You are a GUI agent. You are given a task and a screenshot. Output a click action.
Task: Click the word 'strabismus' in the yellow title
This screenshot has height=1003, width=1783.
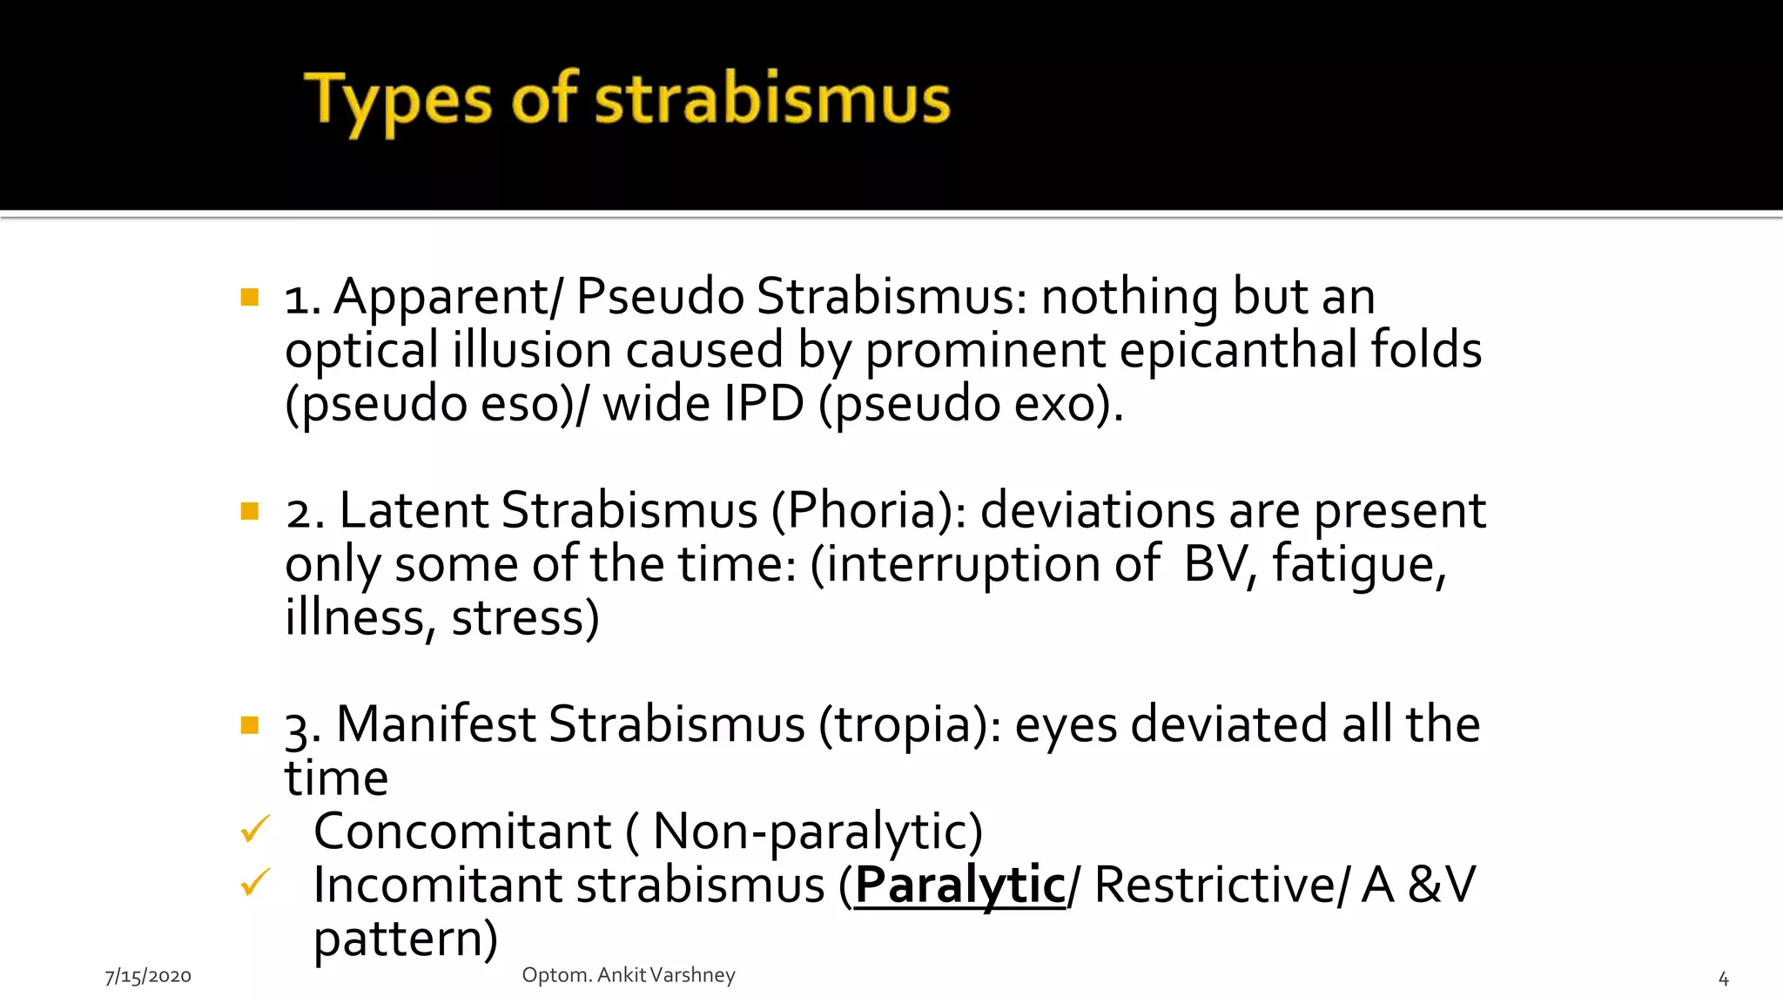point(772,100)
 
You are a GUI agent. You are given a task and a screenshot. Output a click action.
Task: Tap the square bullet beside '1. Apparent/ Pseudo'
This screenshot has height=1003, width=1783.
point(250,298)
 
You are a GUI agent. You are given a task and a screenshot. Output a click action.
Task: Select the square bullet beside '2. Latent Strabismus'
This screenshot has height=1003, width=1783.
point(250,511)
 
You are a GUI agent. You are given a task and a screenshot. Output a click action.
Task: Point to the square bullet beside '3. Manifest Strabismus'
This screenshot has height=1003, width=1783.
point(250,724)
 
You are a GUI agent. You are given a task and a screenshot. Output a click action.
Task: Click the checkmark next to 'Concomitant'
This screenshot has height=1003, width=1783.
point(255,830)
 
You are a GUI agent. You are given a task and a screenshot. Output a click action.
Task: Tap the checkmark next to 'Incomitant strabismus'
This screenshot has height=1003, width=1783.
point(255,883)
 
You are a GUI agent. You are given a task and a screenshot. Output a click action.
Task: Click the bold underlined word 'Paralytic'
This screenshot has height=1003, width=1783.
point(960,885)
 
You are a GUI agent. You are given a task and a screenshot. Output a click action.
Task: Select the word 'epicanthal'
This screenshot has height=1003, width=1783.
point(1238,351)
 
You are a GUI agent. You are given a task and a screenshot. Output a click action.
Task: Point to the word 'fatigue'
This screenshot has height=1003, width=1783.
point(1358,566)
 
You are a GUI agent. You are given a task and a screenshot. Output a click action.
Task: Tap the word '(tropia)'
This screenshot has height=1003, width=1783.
point(909,725)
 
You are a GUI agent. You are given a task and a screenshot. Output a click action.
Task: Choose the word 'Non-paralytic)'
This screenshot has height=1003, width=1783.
point(817,832)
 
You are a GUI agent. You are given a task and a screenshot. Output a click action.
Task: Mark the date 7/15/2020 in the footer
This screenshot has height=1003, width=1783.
point(148,977)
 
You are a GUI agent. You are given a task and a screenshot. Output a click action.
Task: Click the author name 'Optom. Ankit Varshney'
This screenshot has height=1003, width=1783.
point(629,975)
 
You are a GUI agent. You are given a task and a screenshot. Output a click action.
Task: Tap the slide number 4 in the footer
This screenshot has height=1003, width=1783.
point(1723,979)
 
